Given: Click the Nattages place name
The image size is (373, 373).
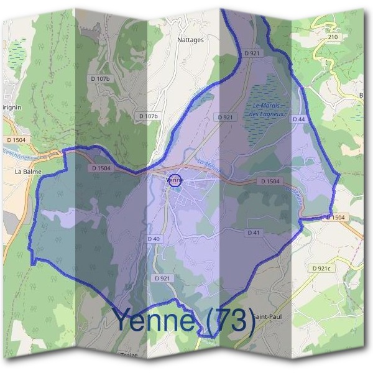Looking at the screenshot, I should [190, 40].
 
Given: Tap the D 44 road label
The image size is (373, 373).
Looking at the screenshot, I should [300, 119].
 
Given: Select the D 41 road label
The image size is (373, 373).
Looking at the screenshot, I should [253, 233].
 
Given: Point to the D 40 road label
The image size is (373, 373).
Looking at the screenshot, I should [154, 239].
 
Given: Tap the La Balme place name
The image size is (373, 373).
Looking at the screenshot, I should [27, 168].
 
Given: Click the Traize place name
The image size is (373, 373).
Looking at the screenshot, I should [128, 356].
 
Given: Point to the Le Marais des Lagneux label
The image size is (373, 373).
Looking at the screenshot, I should [267, 110].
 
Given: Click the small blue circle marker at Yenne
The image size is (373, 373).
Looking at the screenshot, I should [175, 180].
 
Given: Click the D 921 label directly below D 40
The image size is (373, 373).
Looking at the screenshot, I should [162, 278].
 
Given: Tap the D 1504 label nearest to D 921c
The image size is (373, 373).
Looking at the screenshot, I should [334, 217].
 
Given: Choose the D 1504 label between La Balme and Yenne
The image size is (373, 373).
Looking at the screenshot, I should [101, 168].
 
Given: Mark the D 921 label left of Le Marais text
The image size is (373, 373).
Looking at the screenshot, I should [225, 117].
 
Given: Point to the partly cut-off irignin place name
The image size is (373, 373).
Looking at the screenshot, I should [11, 107].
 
